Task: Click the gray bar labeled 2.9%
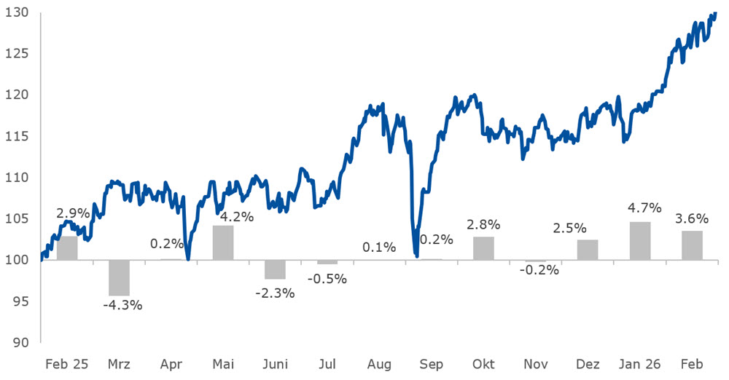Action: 67,248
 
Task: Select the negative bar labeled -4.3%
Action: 119,277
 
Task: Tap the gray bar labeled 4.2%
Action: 223,242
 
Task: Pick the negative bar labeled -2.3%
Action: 275,269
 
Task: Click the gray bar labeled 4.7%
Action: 639,241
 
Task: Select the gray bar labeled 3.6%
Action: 692,245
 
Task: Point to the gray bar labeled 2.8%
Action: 483,248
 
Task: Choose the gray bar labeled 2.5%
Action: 588,250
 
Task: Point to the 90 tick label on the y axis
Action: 19,342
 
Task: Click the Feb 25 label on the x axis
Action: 66,364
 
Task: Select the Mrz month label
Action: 119,364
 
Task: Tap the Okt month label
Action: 483,364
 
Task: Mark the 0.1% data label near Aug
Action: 379,248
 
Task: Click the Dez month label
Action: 588,364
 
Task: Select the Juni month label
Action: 275,364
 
